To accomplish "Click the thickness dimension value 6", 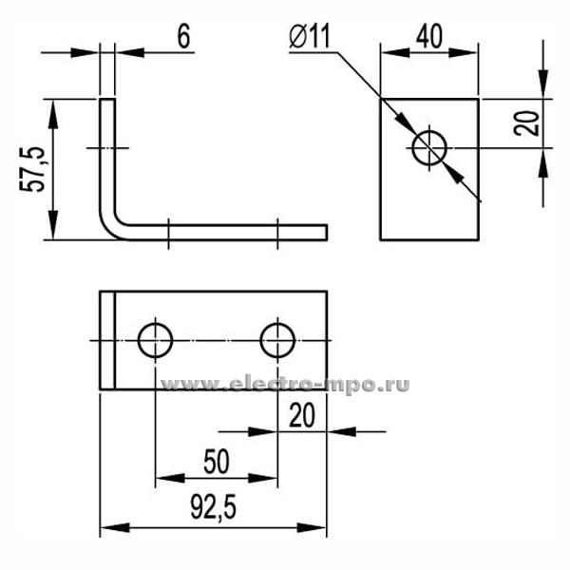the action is click(x=184, y=37).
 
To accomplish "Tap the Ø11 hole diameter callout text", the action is click(x=310, y=36).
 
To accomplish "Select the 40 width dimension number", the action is click(x=429, y=36).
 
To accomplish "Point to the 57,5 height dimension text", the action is click(x=32, y=169).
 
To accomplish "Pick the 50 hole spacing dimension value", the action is click(x=217, y=462).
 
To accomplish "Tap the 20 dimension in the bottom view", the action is click(x=302, y=415).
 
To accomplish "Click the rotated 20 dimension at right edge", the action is click(x=526, y=123).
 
